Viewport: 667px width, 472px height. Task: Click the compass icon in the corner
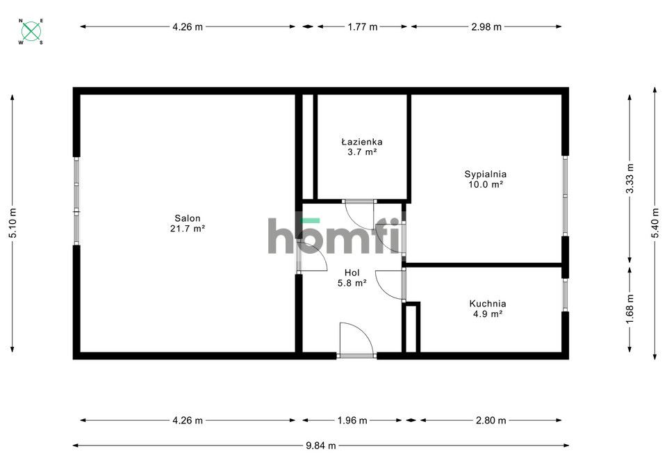pyautogui.click(x=31, y=31)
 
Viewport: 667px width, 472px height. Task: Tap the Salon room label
pyautogui.click(x=188, y=223)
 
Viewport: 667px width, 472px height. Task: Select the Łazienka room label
pyautogui.click(x=361, y=146)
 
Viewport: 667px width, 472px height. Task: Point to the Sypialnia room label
pyautogui.click(x=485, y=179)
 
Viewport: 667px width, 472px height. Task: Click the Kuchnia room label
pyautogui.click(x=487, y=309)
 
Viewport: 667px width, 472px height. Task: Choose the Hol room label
pyautogui.click(x=352, y=278)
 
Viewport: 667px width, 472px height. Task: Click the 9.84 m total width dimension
pyautogui.click(x=321, y=446)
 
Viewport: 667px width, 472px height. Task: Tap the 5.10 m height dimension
pyautogui.click(x=12, y=224)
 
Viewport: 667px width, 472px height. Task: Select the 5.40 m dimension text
pyautogui.click(x=654, y=224)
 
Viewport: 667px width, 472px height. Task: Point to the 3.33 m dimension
pyautogui.click(x=630, y=178)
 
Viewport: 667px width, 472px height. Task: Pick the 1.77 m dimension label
pyautogui.click(x=362, y=27)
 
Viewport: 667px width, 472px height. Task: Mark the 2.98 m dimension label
pyautogui.click(x=486, y=27)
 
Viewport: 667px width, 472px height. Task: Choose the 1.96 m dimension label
pyautogui.click(x=352, y=421)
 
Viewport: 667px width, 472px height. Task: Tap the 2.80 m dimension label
pyautogui.click(x=491, y=421)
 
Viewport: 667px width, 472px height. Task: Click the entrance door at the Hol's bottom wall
pyautogui.click(x=356, y=341)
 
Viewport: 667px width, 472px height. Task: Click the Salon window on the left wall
pyautogui.click(x=76, y=201)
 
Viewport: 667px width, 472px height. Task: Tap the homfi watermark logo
pyautogui.click(x=334, y=236)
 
